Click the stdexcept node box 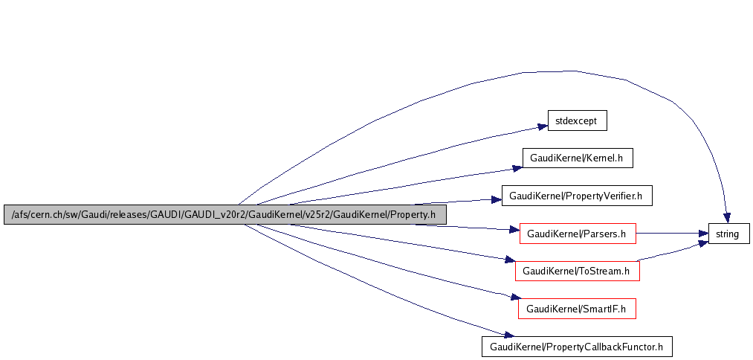tap(578, 120)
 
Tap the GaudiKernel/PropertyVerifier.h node tap(577, 196)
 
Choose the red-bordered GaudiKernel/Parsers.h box tap(578, 234)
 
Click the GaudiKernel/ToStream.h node tap(577, 271)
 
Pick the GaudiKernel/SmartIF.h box tap(577, 308)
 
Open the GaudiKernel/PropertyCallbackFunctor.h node tap(577, 346)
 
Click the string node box tap(728, 234)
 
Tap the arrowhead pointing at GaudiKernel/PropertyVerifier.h tap(497, 199)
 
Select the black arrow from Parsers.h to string tap(669, 234)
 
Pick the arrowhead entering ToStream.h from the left tap(510, 260)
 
